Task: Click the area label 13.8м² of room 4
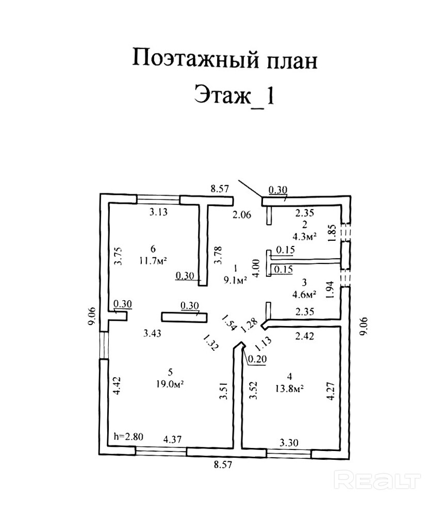[x=288, y=388]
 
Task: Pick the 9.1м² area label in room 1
[x=235, y=281]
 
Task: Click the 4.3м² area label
[x=304, y=237]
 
